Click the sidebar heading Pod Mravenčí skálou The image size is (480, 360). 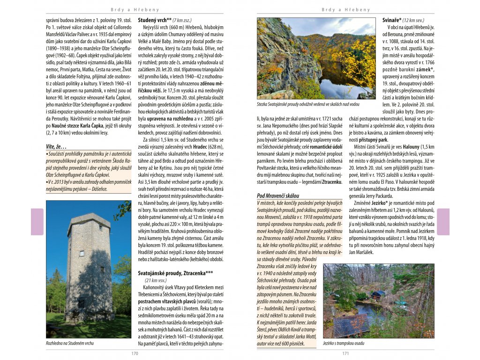[x=278, y=195]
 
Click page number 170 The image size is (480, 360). [x=135, y=353]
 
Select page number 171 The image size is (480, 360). [x=345, y=353]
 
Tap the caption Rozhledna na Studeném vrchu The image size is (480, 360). [x=70, y=343]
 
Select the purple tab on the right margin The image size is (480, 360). [x=443, y=222]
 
